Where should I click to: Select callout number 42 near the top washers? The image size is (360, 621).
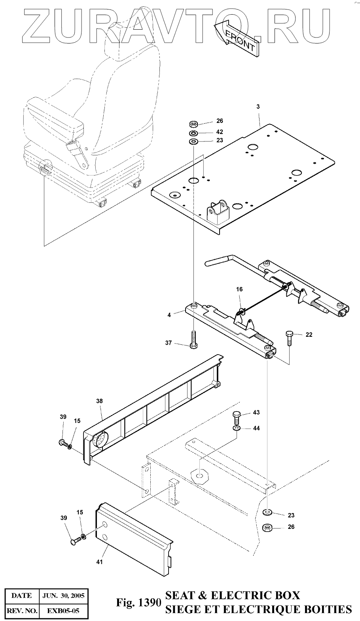pos(220,132)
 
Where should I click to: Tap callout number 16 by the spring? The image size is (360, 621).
pos(239,289)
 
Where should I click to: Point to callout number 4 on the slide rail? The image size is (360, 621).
pos(169,315)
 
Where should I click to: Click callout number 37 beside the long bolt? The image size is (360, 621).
pos(169,343)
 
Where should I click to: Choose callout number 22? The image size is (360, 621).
pos(309,335)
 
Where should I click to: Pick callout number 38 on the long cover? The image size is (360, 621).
pos(99,401)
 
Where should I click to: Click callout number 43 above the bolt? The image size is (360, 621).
pos(256,413)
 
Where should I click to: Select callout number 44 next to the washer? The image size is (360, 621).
pos(256,428)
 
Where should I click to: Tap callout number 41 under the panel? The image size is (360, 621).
pos(99,562)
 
